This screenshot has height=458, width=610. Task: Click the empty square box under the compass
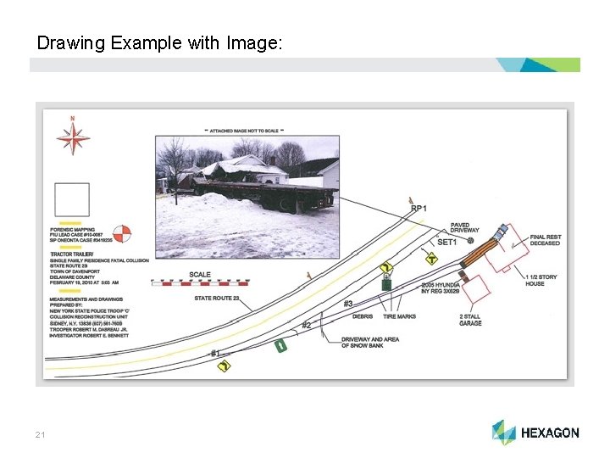(72, 200)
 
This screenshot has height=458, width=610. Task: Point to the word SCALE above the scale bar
(200, 275)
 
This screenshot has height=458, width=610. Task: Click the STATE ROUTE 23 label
(217, 299)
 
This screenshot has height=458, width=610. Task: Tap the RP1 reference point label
(419, 209)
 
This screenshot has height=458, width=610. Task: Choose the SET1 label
(446, 243)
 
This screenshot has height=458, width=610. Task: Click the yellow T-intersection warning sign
(431, 259)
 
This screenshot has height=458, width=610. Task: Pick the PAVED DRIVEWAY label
(465, 228)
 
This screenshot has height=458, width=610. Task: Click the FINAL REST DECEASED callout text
(545, 240)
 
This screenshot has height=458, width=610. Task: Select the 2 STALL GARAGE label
(470, 320)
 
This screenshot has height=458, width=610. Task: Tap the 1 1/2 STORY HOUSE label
(541, 280)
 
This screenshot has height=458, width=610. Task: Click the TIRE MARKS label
(399, 316)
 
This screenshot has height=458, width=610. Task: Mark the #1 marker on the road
(215, 353)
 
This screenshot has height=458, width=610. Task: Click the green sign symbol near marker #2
(280, 345)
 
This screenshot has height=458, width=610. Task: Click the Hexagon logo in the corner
(535, 433)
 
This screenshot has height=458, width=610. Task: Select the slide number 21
(40, 435)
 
